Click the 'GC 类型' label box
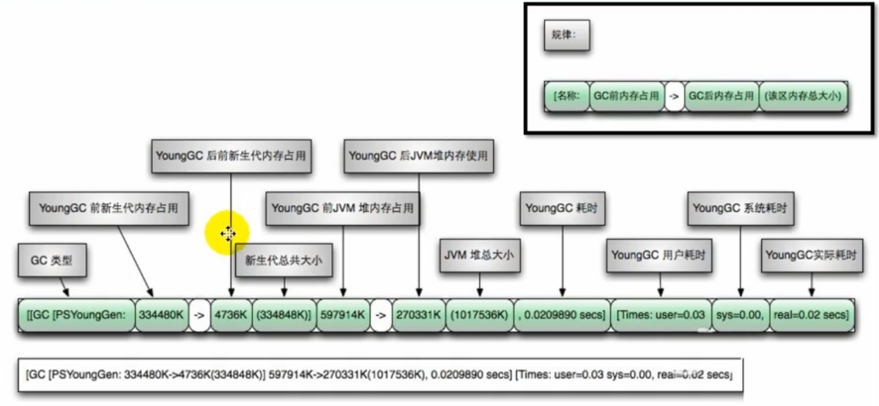pos(52,260)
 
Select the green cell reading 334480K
pos(161,315)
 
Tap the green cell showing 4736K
pos(231,315)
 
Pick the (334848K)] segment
pos(283,315)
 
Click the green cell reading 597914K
pos(343,315)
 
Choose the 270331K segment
pos(419,315)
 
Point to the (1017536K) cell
pos(480,315)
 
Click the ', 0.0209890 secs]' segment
pos(562,315)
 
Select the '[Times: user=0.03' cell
pos(661,315)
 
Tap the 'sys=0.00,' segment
pos(741,315)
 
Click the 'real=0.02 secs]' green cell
pos(812,315)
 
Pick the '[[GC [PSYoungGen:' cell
pos(76,315)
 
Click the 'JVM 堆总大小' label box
pos(480,255)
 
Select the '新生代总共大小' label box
pos(283,260)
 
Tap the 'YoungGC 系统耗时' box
pos(741,208)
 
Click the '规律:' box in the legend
pos(567,35)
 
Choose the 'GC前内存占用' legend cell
pos(627,96)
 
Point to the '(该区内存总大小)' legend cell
pos(803,96)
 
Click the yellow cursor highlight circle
pos(227,233)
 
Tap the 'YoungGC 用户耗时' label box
pos(659,255)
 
